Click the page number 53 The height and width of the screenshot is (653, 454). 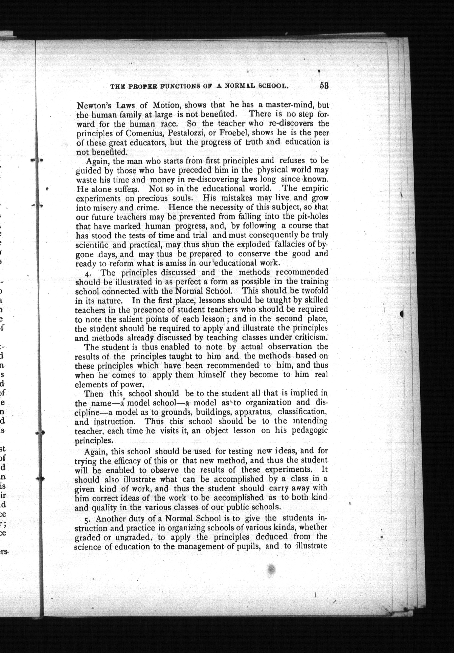click(324, 85)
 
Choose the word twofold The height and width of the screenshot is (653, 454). click(312, 291)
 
